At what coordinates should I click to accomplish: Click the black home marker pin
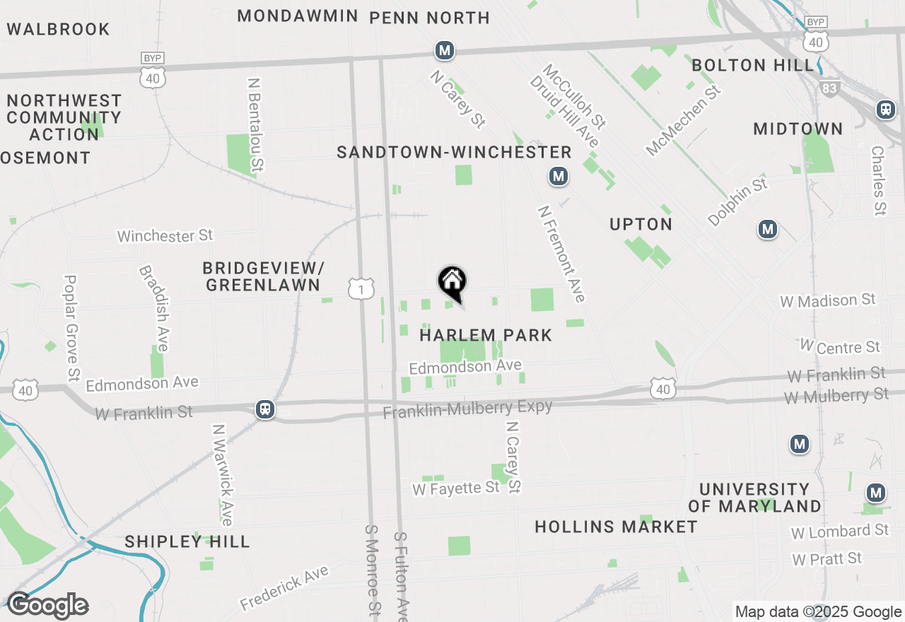coord(452,283)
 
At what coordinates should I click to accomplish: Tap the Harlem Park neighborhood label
coord(486,335)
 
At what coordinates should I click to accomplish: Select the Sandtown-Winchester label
coord(454,152)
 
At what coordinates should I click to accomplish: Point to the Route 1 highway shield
coord(361,288)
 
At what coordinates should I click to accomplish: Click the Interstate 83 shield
coord(829,87)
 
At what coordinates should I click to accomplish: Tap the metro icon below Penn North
coord(444,51)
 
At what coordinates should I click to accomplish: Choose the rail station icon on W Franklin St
coord(265,409)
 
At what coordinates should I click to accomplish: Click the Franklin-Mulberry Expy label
coord(467,409)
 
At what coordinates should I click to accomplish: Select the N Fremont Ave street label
coord(561,254)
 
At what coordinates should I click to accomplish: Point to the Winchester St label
coord(165,235)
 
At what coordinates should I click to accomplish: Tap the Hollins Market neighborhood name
coord(616,527)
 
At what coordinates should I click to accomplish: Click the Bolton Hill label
coord(752,66)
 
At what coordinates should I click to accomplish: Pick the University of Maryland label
coord(754,498)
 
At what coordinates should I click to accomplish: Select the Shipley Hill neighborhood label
coord(187,542)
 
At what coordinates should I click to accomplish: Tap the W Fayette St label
coord(456,488)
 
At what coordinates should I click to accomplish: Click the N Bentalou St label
coord(256,124)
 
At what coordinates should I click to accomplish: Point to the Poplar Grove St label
coord(71,328)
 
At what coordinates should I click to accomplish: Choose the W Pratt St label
coord(827,559)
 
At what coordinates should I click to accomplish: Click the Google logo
coord(47,606)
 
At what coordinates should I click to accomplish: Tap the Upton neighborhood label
coord(641,224)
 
